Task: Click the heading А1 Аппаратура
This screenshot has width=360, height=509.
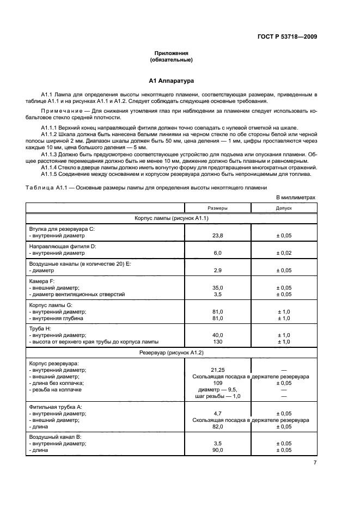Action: [171, 81]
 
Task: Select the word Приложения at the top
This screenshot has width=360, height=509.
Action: [171, 53]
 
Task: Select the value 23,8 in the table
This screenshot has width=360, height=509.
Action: [217, 237]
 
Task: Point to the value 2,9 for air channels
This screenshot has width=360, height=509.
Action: [217, 270]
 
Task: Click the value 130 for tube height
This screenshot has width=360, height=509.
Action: [217, 341]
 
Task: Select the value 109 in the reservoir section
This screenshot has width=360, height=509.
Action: [217, 383]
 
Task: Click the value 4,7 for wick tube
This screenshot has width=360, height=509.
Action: [217, 413]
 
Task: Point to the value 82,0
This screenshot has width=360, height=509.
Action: [217, 426]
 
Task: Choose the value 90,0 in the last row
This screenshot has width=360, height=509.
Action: [217, 450]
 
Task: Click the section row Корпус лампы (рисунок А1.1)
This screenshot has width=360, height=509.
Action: [171, 218]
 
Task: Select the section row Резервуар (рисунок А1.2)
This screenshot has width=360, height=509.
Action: [171, 353]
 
